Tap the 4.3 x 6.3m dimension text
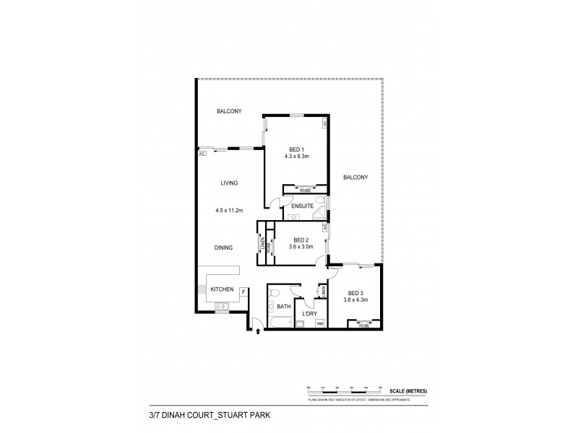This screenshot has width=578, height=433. click(x=294, y=157)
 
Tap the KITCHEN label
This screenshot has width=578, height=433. click(x=221, y=289)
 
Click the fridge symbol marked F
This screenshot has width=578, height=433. click(x=244, y=292)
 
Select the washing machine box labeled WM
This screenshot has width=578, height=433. click(x=319, y=323)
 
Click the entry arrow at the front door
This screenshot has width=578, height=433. click(x=259, y=331)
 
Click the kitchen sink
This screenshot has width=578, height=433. click(x=223, y=306)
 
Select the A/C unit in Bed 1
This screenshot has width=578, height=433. click(x=326, y=124)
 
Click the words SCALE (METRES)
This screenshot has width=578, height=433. click(x=409, y=390)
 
